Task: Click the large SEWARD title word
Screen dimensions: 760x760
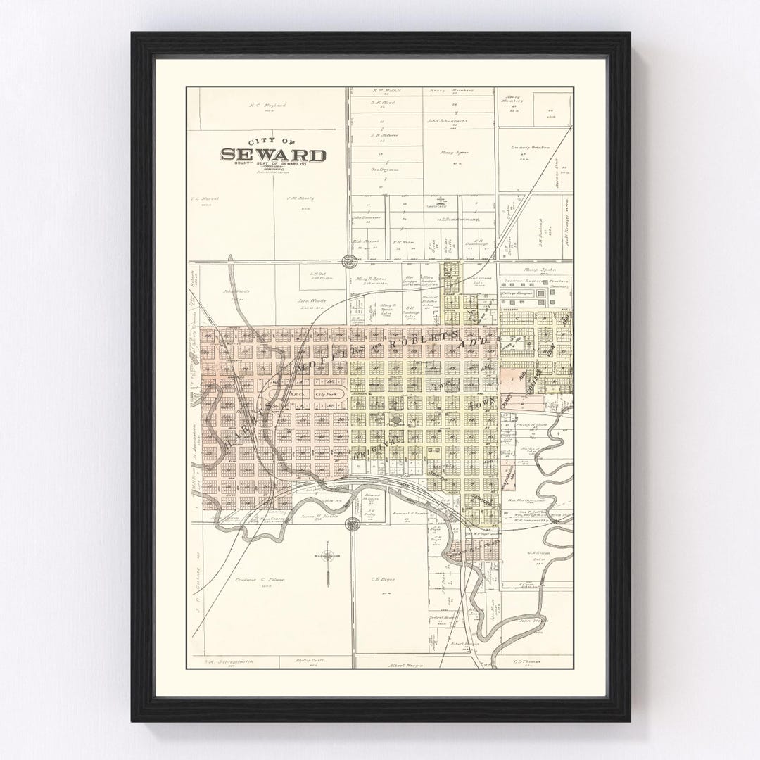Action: click(x=273, y=155)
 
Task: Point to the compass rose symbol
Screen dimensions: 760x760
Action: click(x=328, y=556)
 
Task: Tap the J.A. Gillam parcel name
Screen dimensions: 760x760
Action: click(x=538, y=553)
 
